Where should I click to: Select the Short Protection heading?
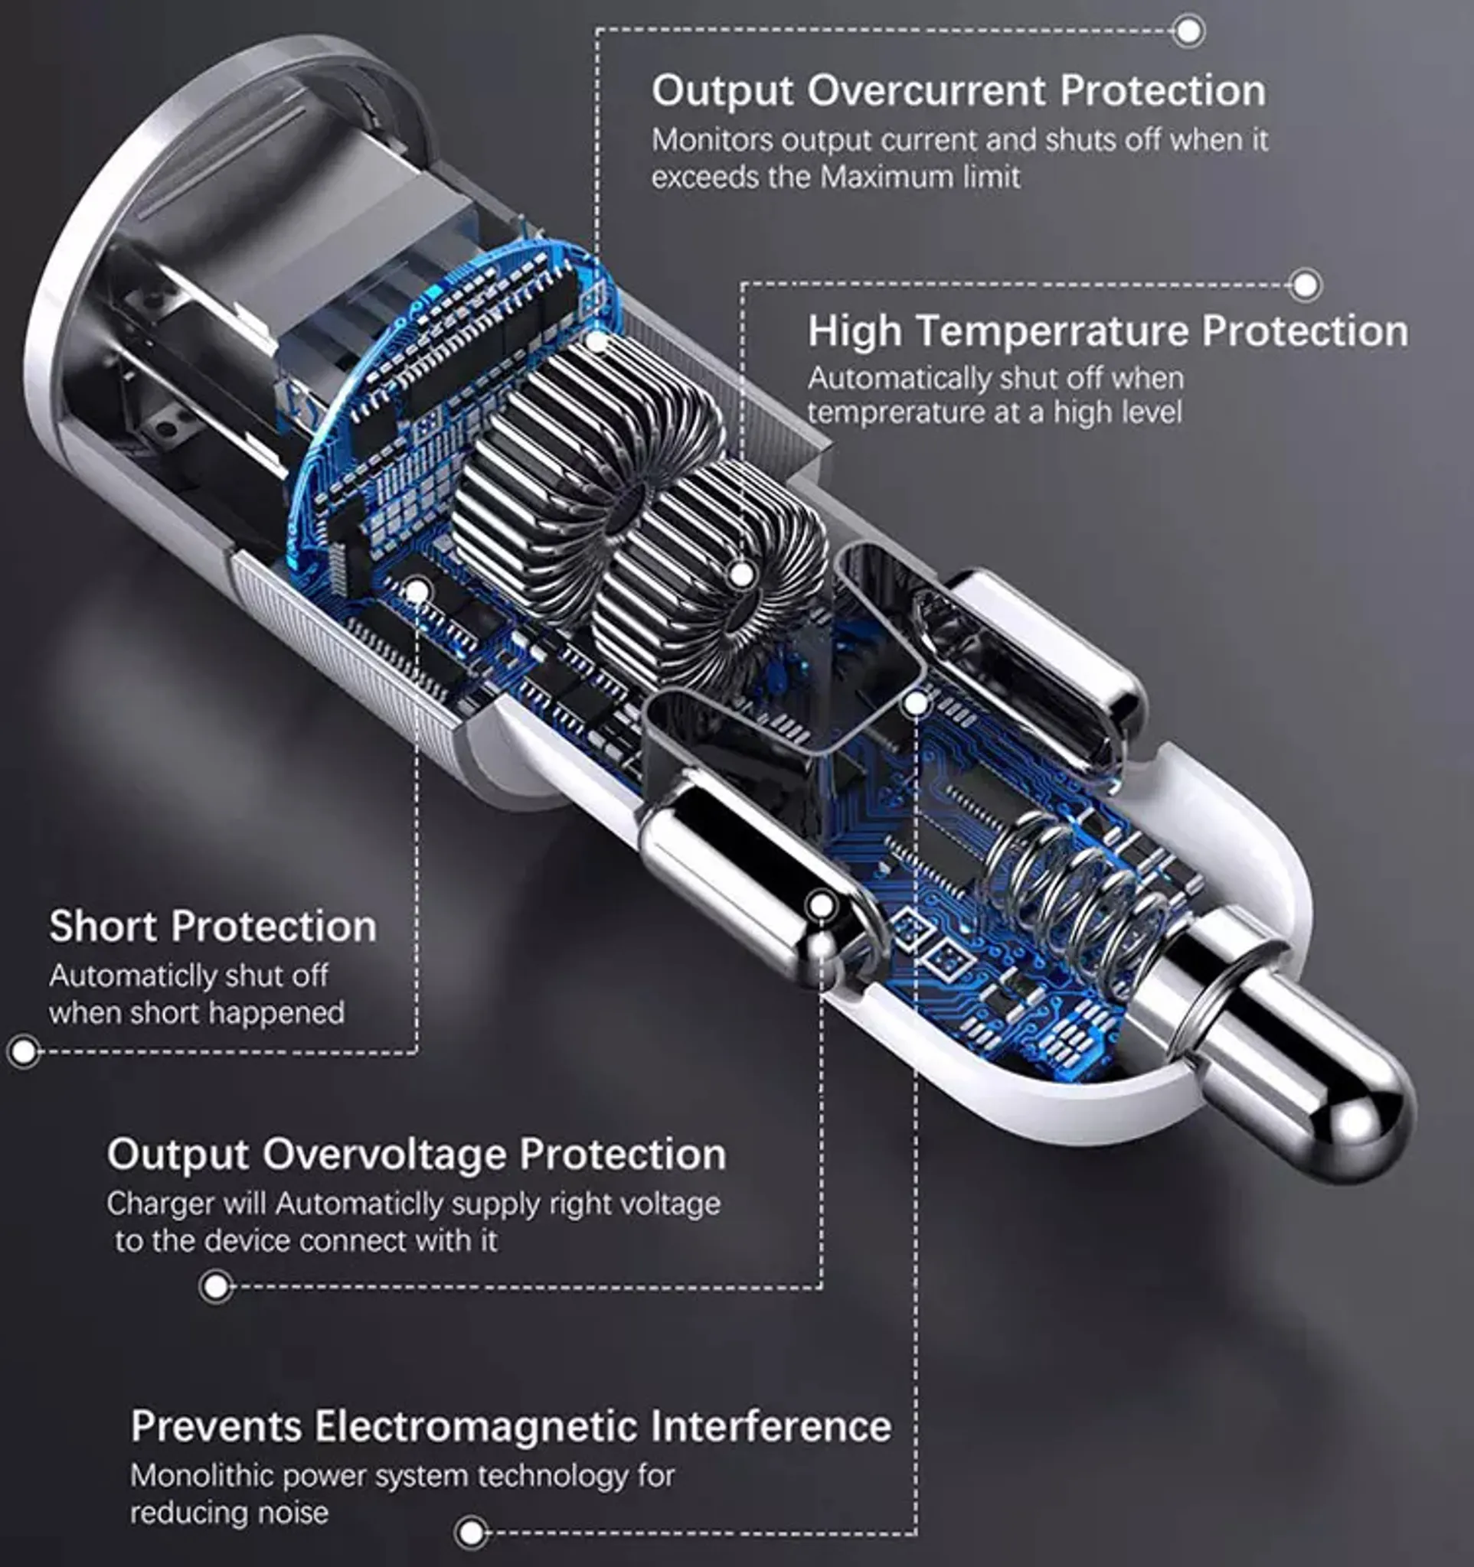[213, 926]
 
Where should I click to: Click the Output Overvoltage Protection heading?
[417, 1155]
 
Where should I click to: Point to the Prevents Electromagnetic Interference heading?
[511, 1426]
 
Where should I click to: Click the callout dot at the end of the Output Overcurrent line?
[1189, 31]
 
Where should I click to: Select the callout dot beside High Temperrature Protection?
[1306, 285]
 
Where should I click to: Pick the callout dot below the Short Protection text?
[24, 1051]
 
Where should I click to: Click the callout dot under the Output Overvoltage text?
[215, 1287]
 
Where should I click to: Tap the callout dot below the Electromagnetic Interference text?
[472, 1533]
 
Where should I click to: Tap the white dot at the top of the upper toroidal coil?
[598, 342]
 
